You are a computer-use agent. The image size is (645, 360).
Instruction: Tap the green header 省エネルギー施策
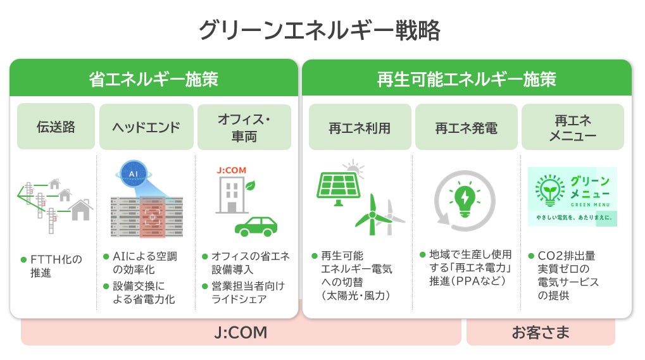click(153, 79)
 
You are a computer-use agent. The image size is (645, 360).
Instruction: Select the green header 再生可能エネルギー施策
click(467, 79)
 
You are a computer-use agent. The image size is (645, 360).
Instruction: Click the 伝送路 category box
click(56, 127)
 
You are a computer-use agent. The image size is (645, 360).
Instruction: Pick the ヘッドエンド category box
click(146, 127)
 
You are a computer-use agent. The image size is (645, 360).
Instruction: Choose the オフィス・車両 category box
click(244, 127)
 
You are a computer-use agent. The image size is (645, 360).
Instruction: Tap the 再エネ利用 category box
click(360, 127)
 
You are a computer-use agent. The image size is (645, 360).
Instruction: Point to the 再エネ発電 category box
click(466, 127)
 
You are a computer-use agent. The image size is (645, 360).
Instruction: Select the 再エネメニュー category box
click(572, 127)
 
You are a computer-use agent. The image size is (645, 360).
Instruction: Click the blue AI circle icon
click(134, 173)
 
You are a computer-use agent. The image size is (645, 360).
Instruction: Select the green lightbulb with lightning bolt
click(464, 197)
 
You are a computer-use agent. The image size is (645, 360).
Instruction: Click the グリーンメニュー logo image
click(572, 197)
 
